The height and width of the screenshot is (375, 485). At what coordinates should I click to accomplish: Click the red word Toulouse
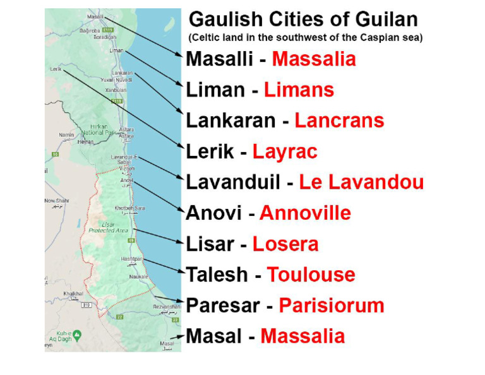point(311,275)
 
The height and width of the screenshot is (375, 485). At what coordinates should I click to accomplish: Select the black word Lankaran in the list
point(231,121)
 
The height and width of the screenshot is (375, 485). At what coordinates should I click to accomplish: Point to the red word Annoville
point(305,213)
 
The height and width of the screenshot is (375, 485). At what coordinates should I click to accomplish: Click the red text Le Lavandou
point(361,182)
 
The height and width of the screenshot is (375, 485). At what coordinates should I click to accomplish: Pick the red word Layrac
point(284,152)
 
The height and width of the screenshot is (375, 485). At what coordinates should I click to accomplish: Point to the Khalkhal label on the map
point(73,294)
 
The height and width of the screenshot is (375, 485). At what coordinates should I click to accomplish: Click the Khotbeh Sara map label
point(129,208)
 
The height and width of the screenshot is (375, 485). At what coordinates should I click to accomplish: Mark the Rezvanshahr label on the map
point(167,307)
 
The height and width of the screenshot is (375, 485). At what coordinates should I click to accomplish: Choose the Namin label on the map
point(66,134)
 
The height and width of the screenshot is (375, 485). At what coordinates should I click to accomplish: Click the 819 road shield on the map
point(116,100)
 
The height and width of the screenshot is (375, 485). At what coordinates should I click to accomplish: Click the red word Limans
point(299,90)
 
